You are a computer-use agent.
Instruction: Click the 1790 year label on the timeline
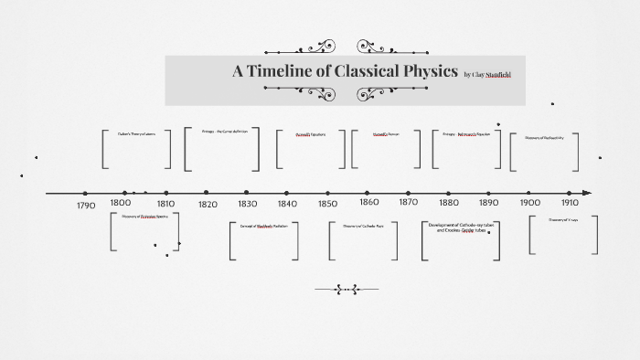coord(86,206)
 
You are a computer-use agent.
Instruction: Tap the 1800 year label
coord(120,203)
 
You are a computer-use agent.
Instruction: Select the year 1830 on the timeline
coord(247,205)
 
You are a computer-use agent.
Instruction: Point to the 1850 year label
coord(328,205)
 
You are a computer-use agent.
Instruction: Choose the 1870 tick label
coord(409,202)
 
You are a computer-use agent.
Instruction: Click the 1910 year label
coord(570,203)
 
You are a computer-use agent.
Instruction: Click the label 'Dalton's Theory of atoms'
coord(136,134)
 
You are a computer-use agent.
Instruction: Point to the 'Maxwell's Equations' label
coord(310,134)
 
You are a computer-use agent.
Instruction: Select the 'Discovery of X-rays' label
coord(563,220)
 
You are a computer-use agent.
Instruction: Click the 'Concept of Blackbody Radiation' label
coord(263,226)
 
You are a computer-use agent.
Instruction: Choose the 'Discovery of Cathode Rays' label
coord(363,226)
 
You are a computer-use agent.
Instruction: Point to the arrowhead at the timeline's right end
coord(587,193)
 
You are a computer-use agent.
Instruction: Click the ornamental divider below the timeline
coord(347,290)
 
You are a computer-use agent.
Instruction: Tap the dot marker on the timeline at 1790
coord(85,193)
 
